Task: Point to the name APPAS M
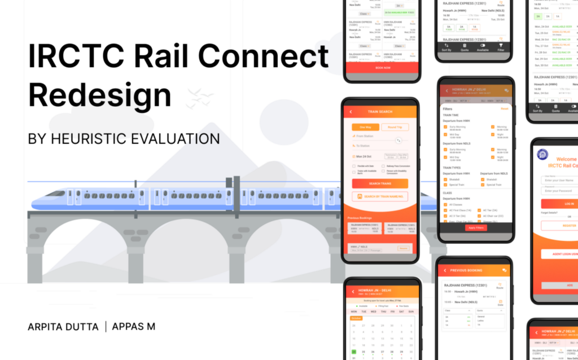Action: click(x=134, y=327)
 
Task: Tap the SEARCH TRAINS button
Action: click(x=379, y=183)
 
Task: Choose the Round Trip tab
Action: click(x=395, y=127)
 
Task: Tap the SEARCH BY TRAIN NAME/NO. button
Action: click(x=379, y=196)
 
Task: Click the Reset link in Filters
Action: click(x=505, y=108)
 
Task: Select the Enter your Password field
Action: click(x=559, y=191)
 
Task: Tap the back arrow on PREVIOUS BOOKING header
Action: click(x=445, y=270)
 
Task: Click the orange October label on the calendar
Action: click(x=356, y=318)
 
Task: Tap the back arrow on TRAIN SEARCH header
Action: click(x=351, y=112)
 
